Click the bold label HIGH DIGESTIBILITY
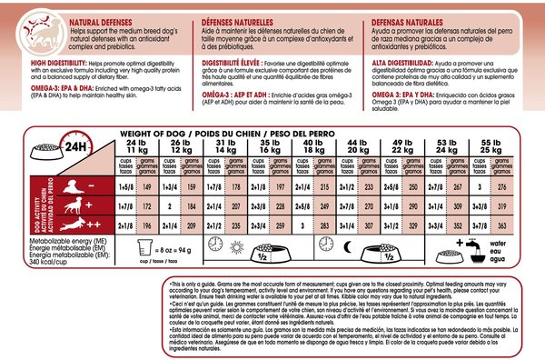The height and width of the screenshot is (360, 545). click(x=39, y=64)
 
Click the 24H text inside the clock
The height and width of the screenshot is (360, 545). click(x=71, y=145)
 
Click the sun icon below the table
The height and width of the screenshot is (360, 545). click(x=215, y=245)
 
